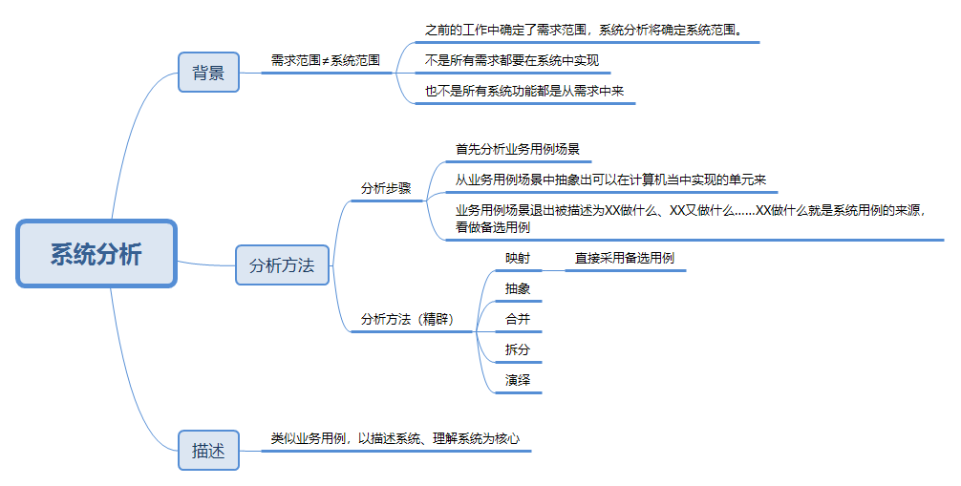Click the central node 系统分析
point(96,254)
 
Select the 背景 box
point(208,73)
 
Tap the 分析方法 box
point(282,265)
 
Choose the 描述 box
point(208,451)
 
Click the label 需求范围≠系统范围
point(325,59)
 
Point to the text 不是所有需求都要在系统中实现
point(511,60)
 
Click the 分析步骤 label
point(386,188)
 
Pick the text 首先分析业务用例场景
point(518,149)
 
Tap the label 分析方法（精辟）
point(407,319)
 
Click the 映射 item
point(518,258)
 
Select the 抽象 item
point(518,288)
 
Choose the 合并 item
point(518,319)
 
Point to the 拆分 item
point(518,349)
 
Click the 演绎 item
point(518,380)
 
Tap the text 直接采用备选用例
point(625,258)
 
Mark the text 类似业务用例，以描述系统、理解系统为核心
point(395,438)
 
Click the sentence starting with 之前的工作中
point(581,30)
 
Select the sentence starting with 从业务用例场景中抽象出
point(611,180)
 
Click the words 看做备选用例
point(493,227)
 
